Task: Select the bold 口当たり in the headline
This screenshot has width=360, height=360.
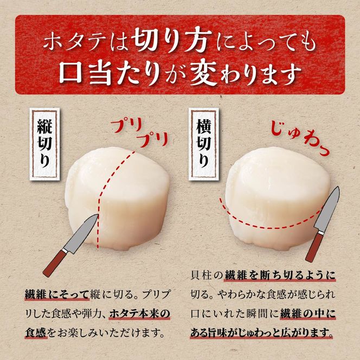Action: tap(108, 71)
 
